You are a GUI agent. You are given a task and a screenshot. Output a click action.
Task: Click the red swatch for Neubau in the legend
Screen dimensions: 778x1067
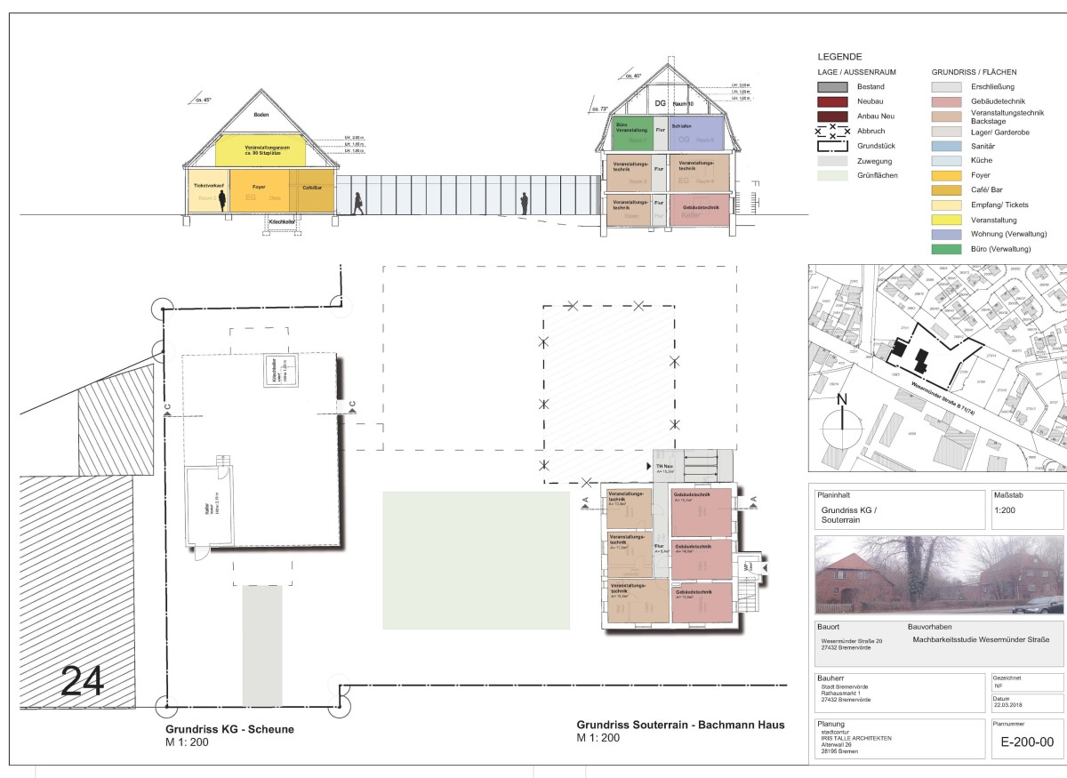(x=832, y=102)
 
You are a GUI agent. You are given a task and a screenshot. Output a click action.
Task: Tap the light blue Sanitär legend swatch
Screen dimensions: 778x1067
(x=946, y=146)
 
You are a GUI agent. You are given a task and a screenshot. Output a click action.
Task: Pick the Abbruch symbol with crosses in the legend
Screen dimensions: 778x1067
(x=832, y=131)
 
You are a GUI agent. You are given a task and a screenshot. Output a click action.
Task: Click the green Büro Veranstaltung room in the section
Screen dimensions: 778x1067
(x=632, y=132)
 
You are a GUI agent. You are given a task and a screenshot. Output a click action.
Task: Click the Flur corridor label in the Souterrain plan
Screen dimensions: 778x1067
(x=660, y=546)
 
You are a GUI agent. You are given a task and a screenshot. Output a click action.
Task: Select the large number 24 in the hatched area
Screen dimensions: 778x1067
(x=82, y=681)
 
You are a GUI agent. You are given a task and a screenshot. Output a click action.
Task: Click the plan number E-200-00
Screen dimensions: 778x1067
(x=1027, y=742)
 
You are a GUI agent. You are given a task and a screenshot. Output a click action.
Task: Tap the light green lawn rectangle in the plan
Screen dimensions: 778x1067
(x=476, y=560)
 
